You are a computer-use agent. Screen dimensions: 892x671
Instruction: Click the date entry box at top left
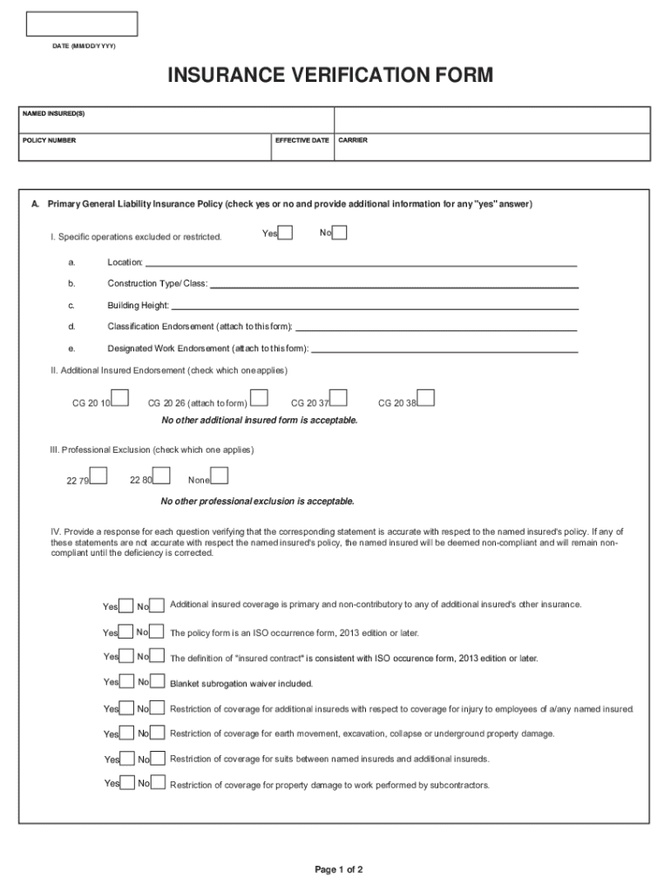pyautogui.click(x=81, y=24)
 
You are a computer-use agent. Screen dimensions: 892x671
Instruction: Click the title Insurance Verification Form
pyautogui.click(x=330, y=77)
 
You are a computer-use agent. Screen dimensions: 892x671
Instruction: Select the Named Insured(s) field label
pyautogui.click(x=54, y=114)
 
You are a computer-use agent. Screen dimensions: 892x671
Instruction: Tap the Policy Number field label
pyautogui.click(x=50, y=140)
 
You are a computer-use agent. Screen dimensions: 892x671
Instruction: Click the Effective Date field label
pyautogui.click(x=302, y=140)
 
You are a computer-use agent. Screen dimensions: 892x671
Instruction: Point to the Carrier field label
pyautogui.click(x=353, y=140)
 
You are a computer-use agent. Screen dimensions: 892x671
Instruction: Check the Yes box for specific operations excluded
pyautogui.click(x=286, y=233)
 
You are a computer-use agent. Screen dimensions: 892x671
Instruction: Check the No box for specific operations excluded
pyautogui.click(x=340, y=233)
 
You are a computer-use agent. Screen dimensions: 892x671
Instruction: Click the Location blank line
pyautogui.click(x=361, y=262)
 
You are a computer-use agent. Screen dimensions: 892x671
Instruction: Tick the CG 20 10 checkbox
pyautogui.click(x=121, y=398)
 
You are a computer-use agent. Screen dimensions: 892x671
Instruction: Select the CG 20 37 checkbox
pyautogui.click(x=339, y=398)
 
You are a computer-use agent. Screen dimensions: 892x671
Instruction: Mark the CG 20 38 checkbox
pyautogui.click(x=426, y=398)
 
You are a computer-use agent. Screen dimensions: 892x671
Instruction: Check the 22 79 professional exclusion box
pyautogui.click(x=99, y=476)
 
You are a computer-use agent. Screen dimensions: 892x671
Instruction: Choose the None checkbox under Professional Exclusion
pyautogui.click(x=220, y=476)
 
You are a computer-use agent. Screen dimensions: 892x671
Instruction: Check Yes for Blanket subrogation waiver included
pyautogui.click(x=126, y=683)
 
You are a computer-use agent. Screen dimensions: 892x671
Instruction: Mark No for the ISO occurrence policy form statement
pyautogui.click(x=158, y=632)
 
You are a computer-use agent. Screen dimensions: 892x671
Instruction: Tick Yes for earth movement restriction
pyautogui.click(x=126, y=733)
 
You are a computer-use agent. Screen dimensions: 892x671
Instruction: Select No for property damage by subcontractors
pyautogui.click(x=158, y=784)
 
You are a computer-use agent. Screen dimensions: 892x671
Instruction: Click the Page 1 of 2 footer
pyautogui.click(x=338, y=869)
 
